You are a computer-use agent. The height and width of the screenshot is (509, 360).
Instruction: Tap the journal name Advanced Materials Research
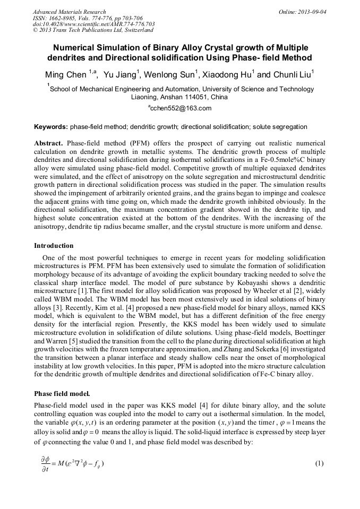pyautogui.click(x=70, y=12)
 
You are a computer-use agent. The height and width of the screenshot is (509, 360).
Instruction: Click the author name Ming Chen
pyautogui.click(x=65, y=75)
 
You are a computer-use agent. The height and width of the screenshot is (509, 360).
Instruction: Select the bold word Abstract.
pyautogui.click(x=49, y=144)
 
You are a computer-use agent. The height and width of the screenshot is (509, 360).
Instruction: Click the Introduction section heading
pyautogui.click(x=54, y=246)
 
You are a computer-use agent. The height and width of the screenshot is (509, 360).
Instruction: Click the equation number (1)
pyautogui.click(x=319, y=463)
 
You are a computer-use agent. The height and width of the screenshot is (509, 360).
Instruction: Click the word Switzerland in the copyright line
pyautogui.click(x=135, y=30)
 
